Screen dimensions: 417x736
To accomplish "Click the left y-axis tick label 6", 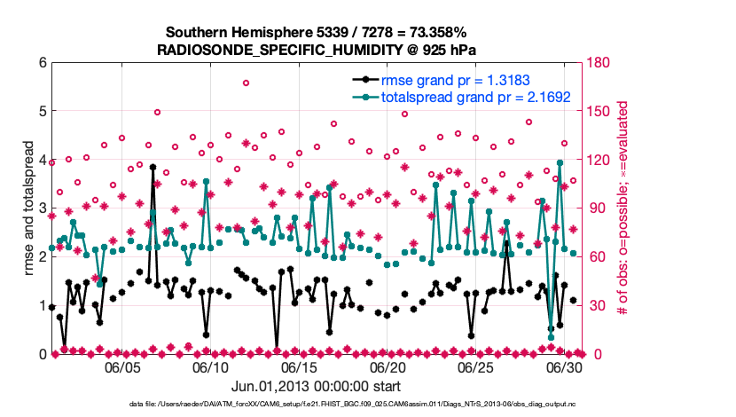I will tap(42, 63).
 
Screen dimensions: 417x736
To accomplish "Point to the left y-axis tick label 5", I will tap(42, 112).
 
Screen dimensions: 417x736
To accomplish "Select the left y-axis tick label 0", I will tap(42, 354).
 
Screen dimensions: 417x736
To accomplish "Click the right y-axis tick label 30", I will tap(593, 305).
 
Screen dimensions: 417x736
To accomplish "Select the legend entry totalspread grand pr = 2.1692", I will tap(474, 98).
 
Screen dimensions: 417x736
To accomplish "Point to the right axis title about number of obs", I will tap(623, 208).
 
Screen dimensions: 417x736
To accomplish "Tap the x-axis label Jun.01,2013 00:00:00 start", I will tap(316, 387).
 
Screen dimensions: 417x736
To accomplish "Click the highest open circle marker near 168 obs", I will tap(246, 83).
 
